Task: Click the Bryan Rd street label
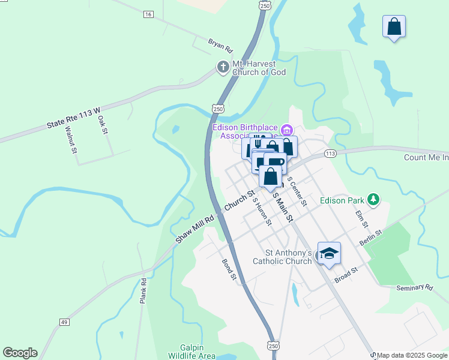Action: point(220,46)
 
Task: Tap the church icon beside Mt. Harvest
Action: point(223,67)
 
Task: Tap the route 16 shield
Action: point(149,14)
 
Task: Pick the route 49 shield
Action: point(64,322)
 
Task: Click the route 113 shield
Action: point(330,154)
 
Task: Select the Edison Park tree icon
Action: point(374,199)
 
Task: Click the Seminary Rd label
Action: point(414,288)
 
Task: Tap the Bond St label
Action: point(229,271)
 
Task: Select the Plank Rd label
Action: point(143,290)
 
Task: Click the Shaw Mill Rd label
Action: point(194,229)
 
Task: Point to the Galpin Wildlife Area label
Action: point(197,352)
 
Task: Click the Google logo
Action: point(20,353)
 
